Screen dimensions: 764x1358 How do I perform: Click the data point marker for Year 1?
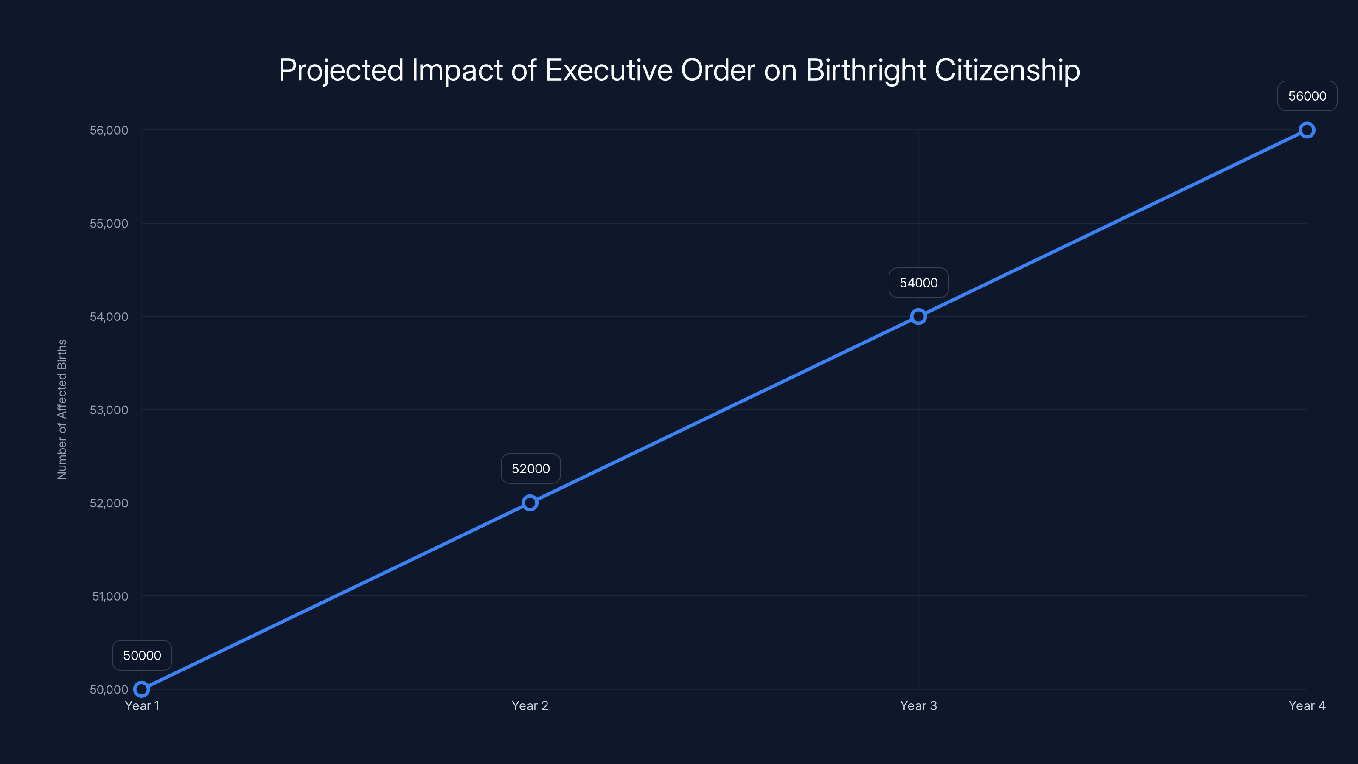coord(141,689)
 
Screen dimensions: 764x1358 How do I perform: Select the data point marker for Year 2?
coord(530,503)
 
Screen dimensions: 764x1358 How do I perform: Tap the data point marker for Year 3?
coord(918,316)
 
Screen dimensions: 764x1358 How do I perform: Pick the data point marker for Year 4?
coord(1307,130)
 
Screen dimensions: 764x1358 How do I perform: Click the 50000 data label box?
coord(142,655)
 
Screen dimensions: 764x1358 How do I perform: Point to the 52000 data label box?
coord(530,469)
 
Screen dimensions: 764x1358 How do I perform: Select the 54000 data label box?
coord(918,283)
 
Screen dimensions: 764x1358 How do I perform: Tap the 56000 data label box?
coord(1307,96)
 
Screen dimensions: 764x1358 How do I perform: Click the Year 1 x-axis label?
coord(142,705)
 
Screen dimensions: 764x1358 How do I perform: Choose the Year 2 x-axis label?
coord(530,705)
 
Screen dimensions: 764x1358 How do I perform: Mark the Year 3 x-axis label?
coord(918,705)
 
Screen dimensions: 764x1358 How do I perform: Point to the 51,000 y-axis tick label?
coord(110,596)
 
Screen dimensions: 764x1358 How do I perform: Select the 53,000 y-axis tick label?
coord(109,410)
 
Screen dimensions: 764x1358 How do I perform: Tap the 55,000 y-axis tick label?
coord(109,224)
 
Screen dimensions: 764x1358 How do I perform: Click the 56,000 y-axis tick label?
coord(109,130)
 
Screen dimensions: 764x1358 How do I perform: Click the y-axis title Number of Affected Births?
coord(62,409)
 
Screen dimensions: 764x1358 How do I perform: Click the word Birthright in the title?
coord(866,70)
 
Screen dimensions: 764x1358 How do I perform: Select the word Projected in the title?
coord(340,70)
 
